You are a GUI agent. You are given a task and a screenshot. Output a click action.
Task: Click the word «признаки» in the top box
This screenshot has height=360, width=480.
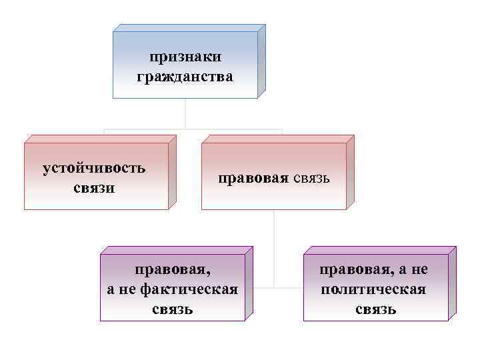185,58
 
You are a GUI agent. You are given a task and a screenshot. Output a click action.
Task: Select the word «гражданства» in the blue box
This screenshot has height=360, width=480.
185,77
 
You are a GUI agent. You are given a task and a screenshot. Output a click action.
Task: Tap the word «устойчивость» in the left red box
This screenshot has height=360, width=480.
94,167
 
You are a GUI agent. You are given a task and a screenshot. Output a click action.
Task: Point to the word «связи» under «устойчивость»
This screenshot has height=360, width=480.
94,187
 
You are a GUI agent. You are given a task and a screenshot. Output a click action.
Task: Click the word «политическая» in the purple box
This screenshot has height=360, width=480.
373,290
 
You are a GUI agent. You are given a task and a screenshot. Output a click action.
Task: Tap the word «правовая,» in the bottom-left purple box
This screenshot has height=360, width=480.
173,271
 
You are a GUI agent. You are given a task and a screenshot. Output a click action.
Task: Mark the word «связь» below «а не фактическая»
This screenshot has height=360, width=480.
173,309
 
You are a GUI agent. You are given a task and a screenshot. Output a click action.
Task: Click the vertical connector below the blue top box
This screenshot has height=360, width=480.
185,113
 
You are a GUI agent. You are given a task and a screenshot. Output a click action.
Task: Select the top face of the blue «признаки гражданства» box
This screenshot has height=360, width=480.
190,28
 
